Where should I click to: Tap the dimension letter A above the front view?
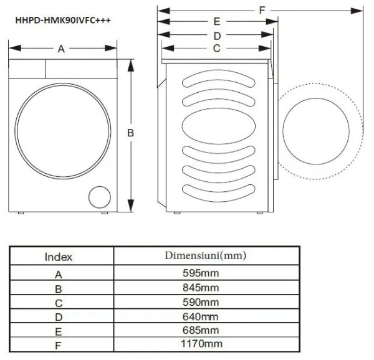click(61, 49)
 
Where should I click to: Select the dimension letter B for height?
click(131, 133)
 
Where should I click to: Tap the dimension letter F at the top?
click(262, 9)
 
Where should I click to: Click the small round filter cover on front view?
click(98, 197)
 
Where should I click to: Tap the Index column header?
click(59, 257)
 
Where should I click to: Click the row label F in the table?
click(59, 344)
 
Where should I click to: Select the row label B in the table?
click(59, 288)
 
